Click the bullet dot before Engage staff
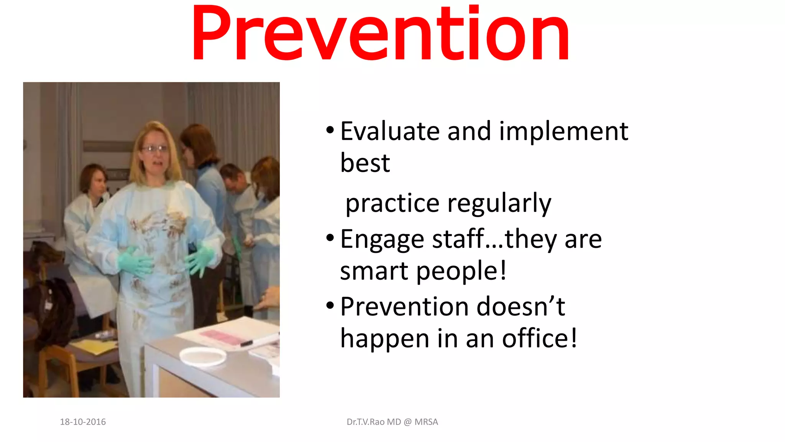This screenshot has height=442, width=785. click(330, 238)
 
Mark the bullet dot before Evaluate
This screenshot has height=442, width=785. click(330, 130)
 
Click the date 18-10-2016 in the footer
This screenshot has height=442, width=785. click(83, 422)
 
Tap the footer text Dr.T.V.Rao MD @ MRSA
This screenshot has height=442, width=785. click(392, 422)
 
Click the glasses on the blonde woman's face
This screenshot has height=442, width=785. click(154, 148)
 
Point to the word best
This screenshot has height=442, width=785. click(365, 163)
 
